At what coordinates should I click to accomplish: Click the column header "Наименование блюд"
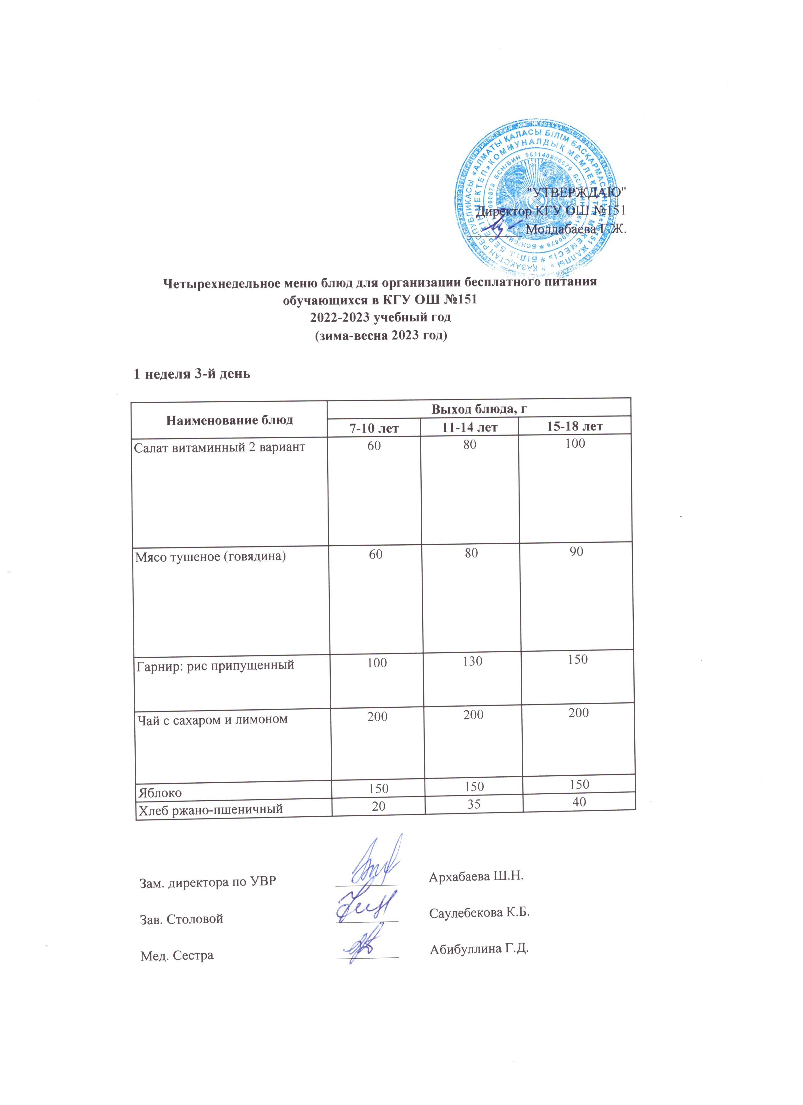point(229,419)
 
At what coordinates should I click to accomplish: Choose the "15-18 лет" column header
point(575,427)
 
